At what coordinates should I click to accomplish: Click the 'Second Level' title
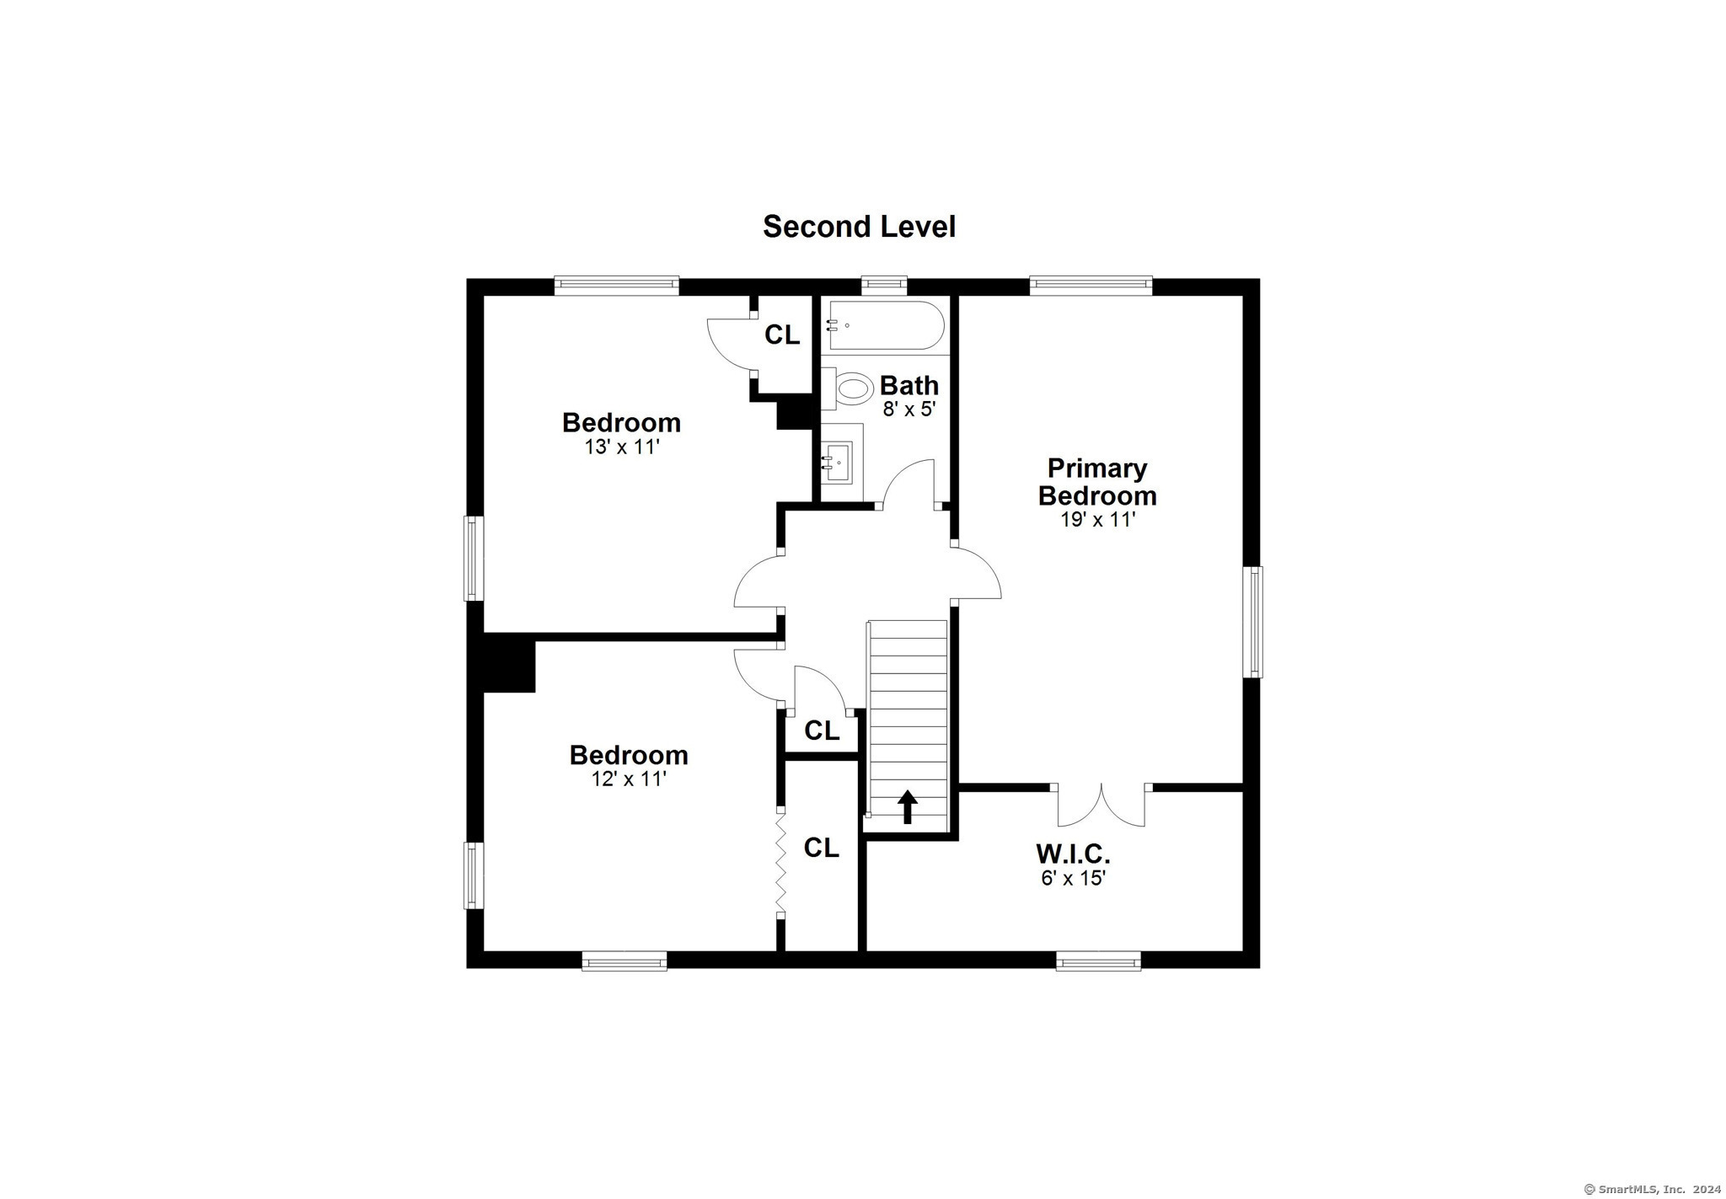859,227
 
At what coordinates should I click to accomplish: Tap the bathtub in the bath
885,325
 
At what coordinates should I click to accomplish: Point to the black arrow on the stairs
907,806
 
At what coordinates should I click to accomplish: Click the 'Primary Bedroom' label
1097,481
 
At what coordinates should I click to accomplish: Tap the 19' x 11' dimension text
1097,519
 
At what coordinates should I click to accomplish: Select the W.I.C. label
1073,854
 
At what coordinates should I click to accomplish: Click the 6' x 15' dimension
1073,878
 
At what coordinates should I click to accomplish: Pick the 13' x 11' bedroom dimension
621,447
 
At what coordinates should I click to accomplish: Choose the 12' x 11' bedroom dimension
629,779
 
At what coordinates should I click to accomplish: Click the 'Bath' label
909,385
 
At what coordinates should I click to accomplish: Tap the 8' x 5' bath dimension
909,409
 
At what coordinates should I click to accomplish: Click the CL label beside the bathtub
782,335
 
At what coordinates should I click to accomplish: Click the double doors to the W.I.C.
1102,805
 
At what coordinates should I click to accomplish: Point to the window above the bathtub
884,286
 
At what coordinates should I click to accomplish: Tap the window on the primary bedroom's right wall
1255,621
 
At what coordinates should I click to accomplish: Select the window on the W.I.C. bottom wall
1098,960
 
